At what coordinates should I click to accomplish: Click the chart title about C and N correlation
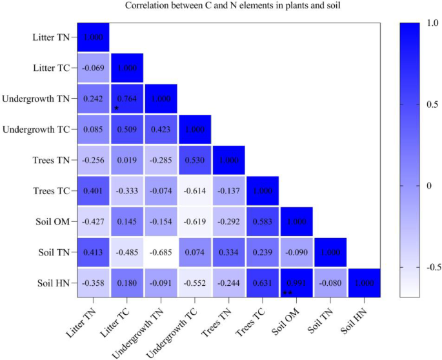(x=221, y=6)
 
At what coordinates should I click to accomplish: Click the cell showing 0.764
(x=127, y=99)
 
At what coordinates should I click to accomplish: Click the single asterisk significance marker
(x=116, y=108)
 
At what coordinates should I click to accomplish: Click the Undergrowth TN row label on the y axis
(x=35, y=99)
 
